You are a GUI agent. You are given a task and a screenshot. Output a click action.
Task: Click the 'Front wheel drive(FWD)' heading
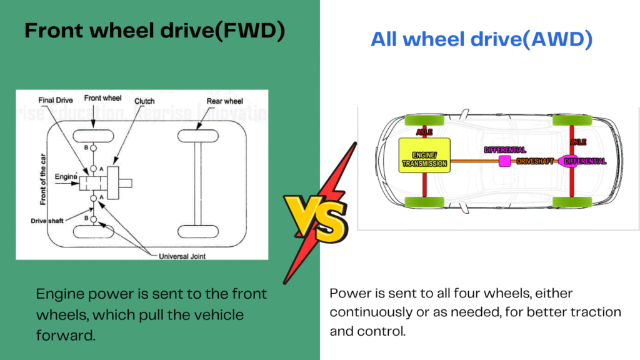tap(154, 31)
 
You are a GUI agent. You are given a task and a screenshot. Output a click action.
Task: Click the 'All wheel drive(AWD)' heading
tap(481, 40)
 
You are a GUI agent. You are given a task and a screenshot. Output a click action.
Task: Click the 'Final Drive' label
tap(56, 99)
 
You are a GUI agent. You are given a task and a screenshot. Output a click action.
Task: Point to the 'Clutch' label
tap(144, 100)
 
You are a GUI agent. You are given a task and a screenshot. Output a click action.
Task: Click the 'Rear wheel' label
tap(224, 101)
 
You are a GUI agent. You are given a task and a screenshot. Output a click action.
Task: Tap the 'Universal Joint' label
tap(182, 256)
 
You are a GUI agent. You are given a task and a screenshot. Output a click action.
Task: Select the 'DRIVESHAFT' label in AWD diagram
tap(536, 161)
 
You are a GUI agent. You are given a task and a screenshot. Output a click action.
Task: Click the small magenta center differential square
tap(504, 161)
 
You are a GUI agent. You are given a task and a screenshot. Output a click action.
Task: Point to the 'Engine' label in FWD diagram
tap(65, 177)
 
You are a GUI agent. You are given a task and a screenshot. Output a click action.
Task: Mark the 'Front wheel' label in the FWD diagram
tap(102, 98)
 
